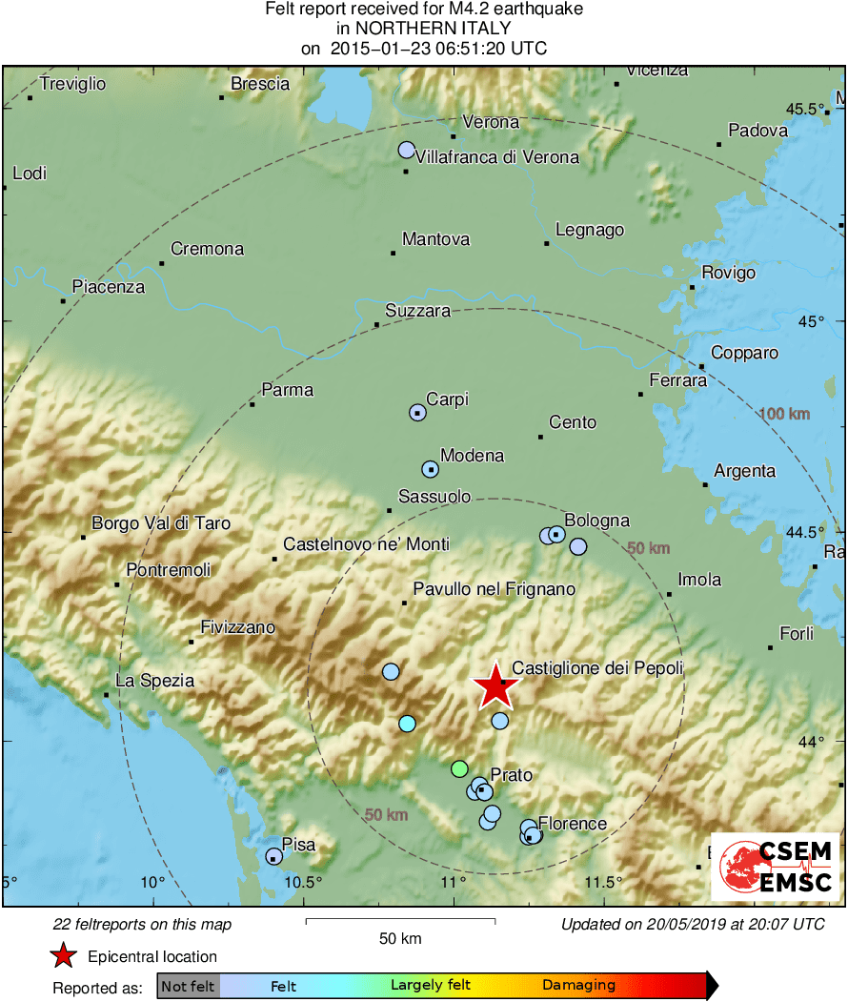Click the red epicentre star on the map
pos(495,685)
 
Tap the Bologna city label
pos(596,521)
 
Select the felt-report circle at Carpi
pos(417,412)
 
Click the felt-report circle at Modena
pos(430,469)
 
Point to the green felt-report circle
pos(460,768)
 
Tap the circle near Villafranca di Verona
pos(407,150)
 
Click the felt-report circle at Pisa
pos(273,855)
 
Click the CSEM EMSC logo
pos(776,867)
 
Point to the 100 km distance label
pos(785,414)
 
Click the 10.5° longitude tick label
pos(304,881)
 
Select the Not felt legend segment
pos(188,986)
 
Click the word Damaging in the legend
pos(578,986)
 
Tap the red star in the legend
pos(63,956)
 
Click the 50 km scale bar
pos(400,921)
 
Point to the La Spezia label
pos(154,681)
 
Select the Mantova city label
pos(435,238)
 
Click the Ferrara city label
pos(677,380)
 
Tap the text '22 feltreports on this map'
pos(143,924)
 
